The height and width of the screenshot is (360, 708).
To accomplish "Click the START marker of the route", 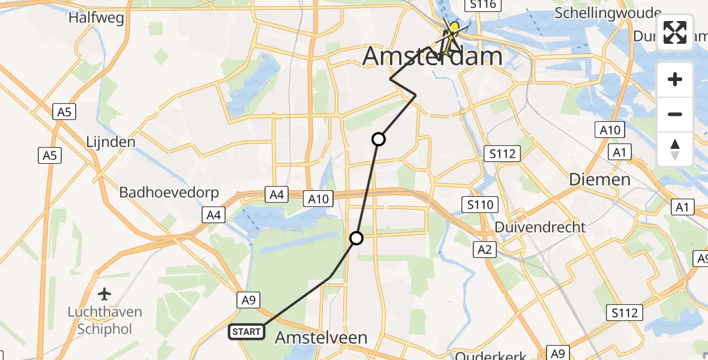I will [246, 332].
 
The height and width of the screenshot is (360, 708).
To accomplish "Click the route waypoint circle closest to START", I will [356, 239].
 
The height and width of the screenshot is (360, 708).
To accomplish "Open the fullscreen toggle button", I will [675, 32].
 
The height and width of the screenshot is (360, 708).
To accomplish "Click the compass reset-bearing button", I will [675, 149].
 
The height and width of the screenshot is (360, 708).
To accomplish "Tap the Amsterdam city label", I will [433, 57].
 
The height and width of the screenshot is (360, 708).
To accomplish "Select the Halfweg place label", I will [96, 17].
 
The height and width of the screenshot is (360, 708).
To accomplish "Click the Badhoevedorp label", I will [169, 193].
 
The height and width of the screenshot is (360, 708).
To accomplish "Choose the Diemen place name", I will [600, 179].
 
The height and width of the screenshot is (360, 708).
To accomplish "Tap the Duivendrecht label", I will [539, 227].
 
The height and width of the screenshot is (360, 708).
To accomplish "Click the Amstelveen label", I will [321, 338].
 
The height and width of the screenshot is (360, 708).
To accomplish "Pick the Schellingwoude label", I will [608, 13].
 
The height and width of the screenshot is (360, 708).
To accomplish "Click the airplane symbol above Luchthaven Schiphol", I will [105, 294].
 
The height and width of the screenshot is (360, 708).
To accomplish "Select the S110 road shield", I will [481, 205].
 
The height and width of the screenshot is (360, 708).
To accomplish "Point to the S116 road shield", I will [483, 5].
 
